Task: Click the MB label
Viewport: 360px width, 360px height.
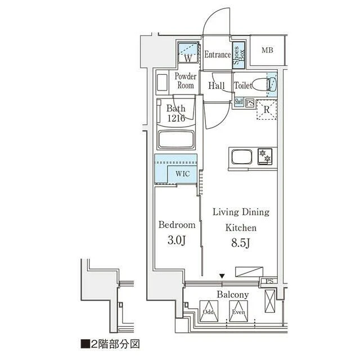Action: [268, 50]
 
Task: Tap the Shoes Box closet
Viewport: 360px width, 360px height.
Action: [238, 55]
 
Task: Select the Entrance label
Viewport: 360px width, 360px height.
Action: [218, 55]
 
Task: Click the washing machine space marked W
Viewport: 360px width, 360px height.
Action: [188, 52]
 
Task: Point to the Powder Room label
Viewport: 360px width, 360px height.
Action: [186, 81]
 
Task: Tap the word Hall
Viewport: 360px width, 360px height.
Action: [216, 85]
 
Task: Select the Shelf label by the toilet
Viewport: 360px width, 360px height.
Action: [238, 101]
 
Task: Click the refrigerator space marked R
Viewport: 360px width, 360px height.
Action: [267, 110]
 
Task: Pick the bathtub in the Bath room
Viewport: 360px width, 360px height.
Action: [176, 139]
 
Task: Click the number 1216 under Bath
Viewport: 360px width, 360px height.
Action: [176, 118]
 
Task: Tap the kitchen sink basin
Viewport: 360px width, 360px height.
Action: [241, 157]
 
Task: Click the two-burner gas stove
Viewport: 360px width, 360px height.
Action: [265, 156]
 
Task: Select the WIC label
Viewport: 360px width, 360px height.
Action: [182, 174]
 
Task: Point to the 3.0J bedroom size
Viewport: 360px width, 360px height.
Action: [176, 240]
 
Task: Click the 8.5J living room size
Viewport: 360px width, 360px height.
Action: [240, 243]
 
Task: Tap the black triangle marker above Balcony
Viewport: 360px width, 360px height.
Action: [222, 276]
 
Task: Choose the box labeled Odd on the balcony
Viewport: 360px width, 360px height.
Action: [209, 311]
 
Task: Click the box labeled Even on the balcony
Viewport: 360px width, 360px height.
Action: [238, 311]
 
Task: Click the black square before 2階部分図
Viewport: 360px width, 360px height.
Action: [85, 344]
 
